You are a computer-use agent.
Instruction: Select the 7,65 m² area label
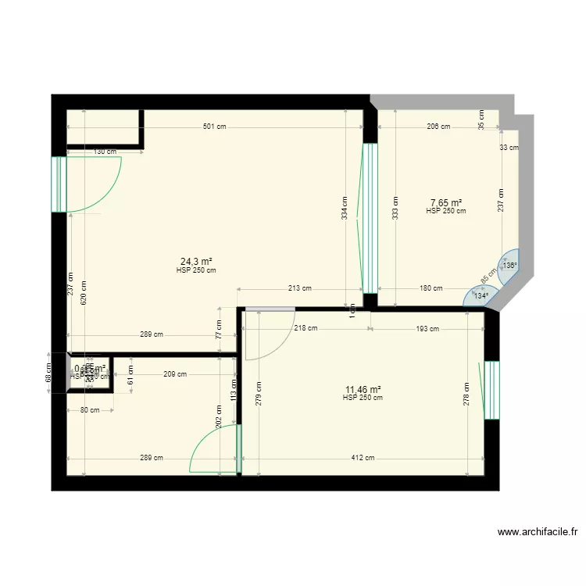point(445,202)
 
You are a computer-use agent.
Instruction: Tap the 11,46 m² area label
point(363,389)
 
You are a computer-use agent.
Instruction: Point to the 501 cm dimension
point(214,126)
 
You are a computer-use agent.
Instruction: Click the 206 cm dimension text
point(438,126)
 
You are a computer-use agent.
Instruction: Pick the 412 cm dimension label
point(363,459)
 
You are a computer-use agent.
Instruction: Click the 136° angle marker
point(509,266)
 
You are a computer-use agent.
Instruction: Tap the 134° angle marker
point(481,296)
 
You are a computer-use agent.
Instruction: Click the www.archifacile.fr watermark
point(538,532)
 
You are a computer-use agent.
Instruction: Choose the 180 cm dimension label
point(431,288)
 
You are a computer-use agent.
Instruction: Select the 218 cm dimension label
point(306,328)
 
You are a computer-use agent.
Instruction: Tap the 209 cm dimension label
point(176,374)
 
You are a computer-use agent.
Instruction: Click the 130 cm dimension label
point(105,152)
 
